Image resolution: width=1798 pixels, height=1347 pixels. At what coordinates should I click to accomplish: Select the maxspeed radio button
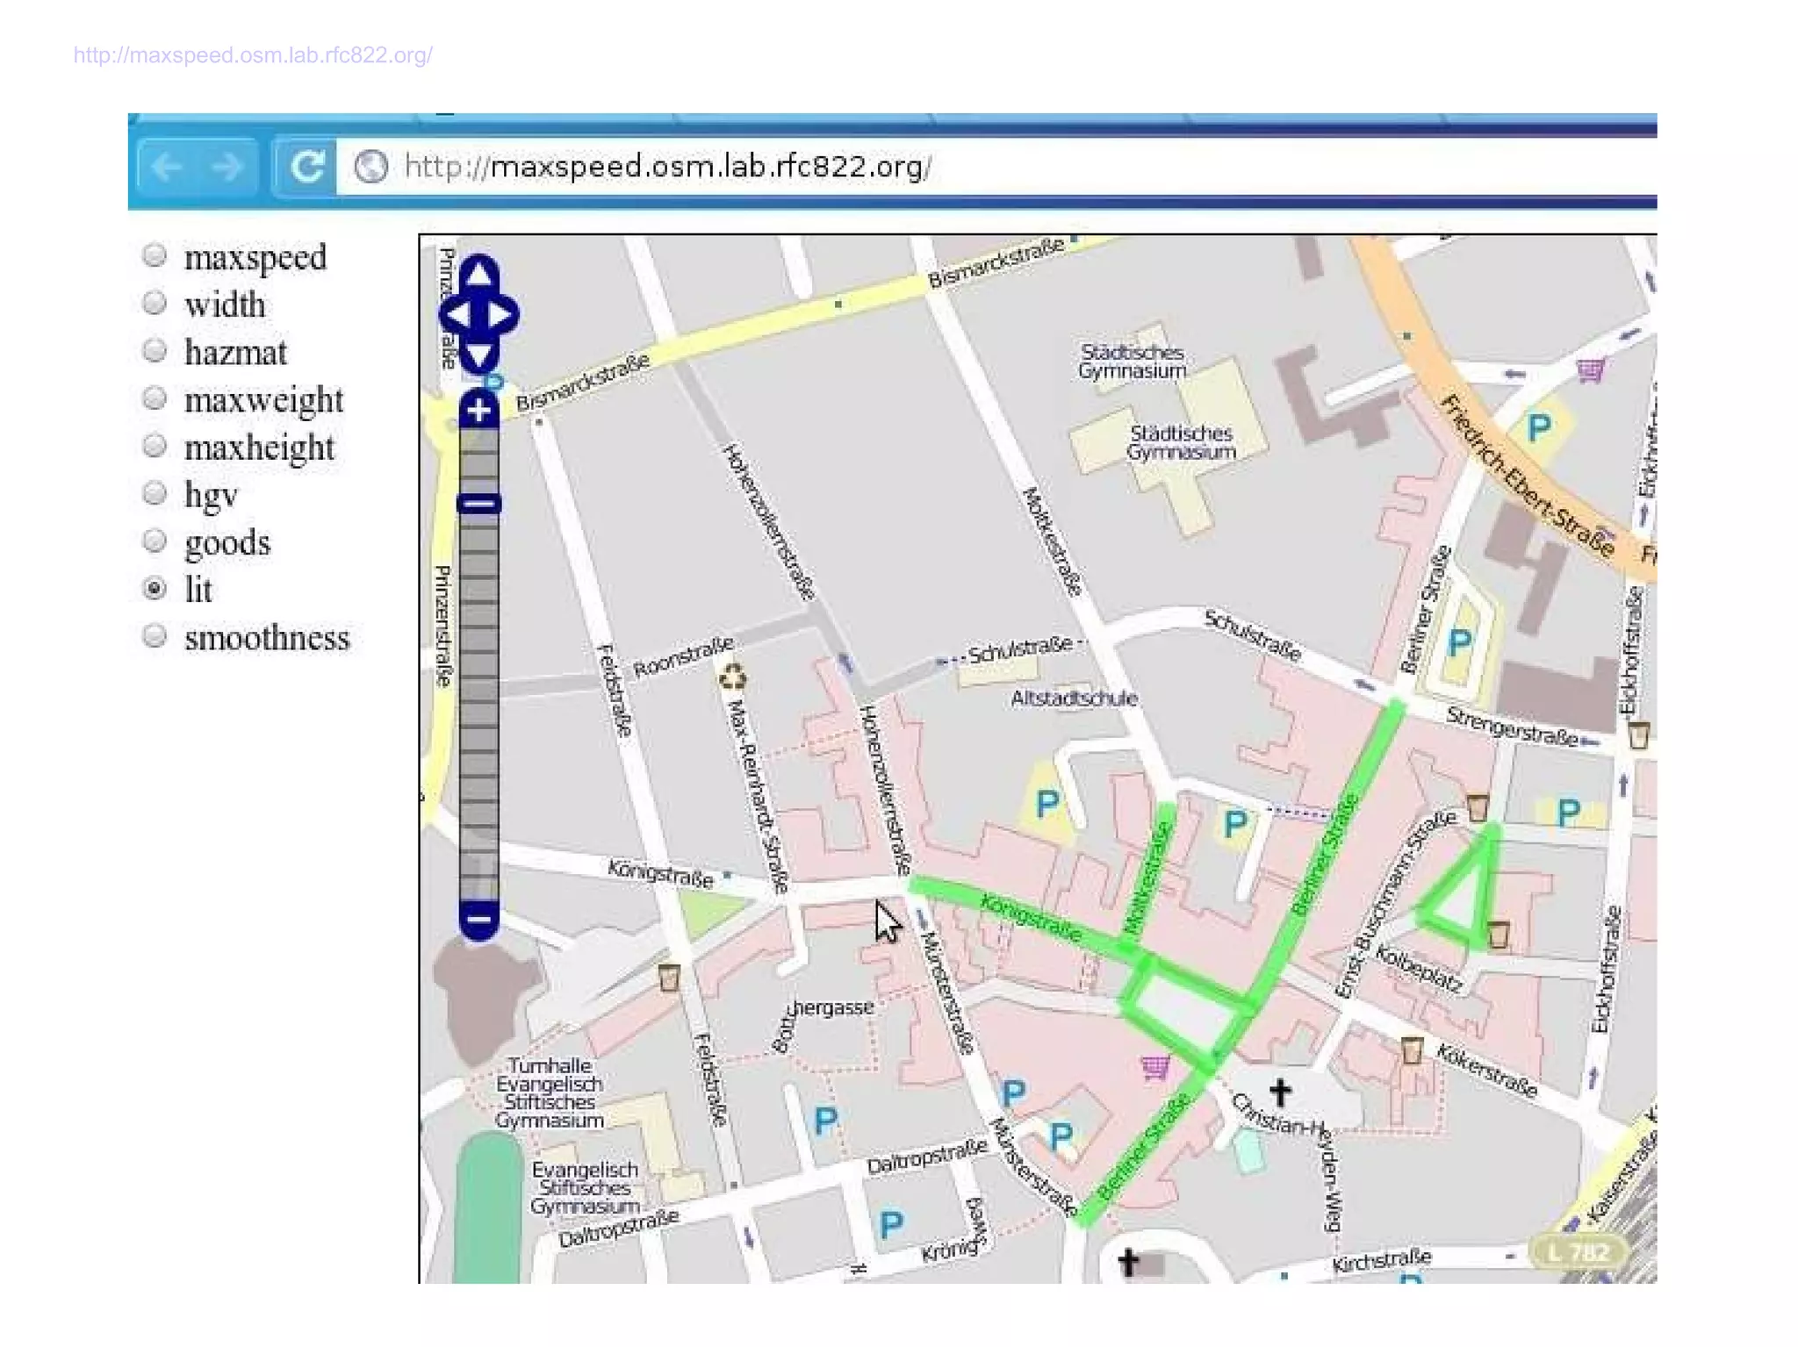tap(155, 255)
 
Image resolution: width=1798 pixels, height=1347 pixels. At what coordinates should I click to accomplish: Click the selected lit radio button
tap(155, 588)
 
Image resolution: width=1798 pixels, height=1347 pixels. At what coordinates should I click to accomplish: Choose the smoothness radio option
tap(155, 635)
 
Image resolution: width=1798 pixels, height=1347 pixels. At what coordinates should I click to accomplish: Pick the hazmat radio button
tap(155, 350)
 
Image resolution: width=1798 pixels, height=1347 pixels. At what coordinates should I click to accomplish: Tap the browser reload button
tap(306, 166)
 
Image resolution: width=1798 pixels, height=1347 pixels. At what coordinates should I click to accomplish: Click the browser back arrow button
tap(167, 166)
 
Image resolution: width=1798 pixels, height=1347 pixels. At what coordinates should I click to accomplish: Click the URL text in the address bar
tap(667, 166)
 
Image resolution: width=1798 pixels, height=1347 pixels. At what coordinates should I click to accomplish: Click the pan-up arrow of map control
tap(478, 275)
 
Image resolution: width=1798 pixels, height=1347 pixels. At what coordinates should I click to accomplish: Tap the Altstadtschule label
tap(1073, 699)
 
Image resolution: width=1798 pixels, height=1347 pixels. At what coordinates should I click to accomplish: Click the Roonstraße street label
tap(683, 657)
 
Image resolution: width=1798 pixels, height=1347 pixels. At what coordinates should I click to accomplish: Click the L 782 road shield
tap(1578, 1252)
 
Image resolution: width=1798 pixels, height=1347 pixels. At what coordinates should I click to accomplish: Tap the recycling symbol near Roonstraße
tap(731, 677)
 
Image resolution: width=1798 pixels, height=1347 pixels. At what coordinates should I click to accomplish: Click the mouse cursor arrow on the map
tap(887, 921)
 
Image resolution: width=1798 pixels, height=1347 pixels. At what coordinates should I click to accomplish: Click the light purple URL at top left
tap(253, 55)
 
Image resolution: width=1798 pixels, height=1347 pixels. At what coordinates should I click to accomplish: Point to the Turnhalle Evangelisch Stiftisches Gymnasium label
tap(550, 1093)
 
